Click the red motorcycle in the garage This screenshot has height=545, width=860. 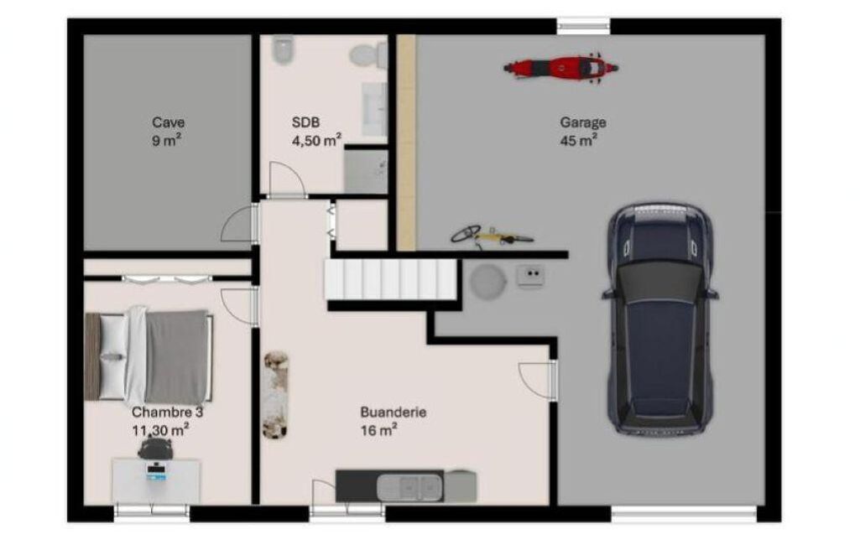click(560, 69)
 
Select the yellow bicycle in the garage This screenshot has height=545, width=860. click(492, 236)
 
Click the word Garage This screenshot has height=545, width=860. click(583, 122)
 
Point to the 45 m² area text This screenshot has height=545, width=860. click(579, 141)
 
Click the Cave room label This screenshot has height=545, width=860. click(169, 122)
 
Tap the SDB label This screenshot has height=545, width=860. click(305, 122)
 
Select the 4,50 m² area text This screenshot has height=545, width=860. click(317, 140)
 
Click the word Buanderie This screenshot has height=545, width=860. click(394, 413)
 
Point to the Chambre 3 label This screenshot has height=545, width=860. click(167, 412)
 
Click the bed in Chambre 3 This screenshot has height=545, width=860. click(149, 356)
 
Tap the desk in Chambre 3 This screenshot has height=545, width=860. click(156, 480)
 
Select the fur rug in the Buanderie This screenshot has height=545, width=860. click(276, 395)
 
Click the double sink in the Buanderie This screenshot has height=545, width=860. click(409, 487)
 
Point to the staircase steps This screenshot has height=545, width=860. click(390, 280)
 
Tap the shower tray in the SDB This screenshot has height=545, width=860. click(365, 171)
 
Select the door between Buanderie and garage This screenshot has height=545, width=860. click(538, 381)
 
